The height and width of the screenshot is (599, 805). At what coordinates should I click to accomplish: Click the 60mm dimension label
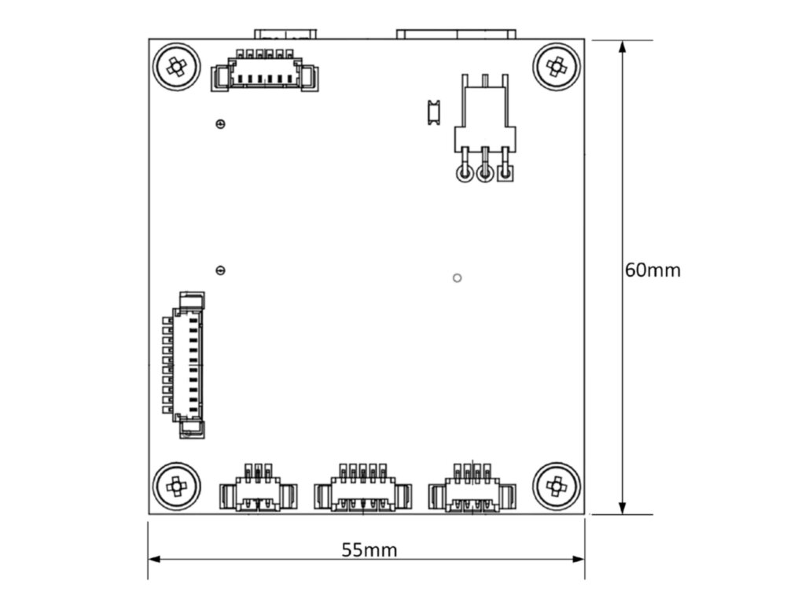click(x=652, y=270)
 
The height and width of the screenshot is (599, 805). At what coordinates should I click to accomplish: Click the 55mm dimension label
click(x=369, y=549)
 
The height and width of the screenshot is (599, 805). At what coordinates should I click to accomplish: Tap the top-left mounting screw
click(x=177, y=67)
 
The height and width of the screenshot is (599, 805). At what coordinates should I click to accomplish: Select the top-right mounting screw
click(x=557, y=67)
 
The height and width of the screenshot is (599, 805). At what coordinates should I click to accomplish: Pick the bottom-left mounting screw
click(x=176, y=487)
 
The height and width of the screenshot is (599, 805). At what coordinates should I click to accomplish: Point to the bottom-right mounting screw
click(x=557, y=487)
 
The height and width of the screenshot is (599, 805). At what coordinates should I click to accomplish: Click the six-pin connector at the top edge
click(x=265, y=73)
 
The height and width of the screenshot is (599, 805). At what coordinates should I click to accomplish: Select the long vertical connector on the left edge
click(x=184, y=365)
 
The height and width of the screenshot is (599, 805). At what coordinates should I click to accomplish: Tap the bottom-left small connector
click(x=258, y=491)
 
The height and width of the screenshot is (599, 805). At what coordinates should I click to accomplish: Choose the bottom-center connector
click(x=362, y=491)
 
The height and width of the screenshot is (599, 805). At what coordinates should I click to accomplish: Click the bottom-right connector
click(x=472, y=491)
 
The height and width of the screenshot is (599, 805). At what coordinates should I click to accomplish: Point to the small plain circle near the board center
click(x=458, y=277)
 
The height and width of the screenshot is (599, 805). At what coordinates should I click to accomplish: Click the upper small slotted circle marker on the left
click(x=220, y=123)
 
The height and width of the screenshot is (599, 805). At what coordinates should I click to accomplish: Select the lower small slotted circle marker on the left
click(x=220, y=270)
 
